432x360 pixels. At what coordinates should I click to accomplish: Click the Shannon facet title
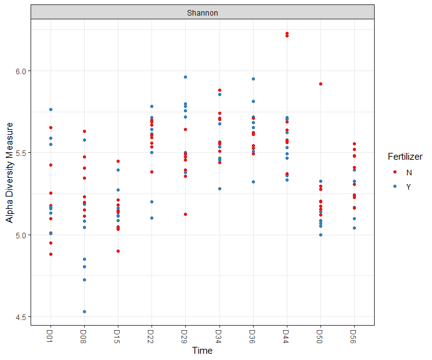click(x=202, y=12)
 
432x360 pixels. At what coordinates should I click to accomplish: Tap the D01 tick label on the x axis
click(x=50, y=336)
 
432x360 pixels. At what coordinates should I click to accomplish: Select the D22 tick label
click(x=151, y=336)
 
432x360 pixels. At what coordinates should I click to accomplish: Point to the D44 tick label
click(x=287, y=336)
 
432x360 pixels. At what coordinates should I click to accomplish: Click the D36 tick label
click(x=253, y=336)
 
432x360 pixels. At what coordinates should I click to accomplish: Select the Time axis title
click(x=202, y=351)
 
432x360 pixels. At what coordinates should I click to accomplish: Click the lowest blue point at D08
click(x=84, y=311)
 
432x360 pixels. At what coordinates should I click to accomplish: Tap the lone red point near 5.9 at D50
click(x=320, y=84)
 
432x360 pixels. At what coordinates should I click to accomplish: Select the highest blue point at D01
click(x=50, y=110)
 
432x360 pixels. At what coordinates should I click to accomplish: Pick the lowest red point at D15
click(x=118, y=251)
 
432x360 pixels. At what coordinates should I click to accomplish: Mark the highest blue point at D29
click(x=185, y=77)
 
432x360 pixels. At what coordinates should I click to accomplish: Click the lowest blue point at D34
click(x=219, y=188)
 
